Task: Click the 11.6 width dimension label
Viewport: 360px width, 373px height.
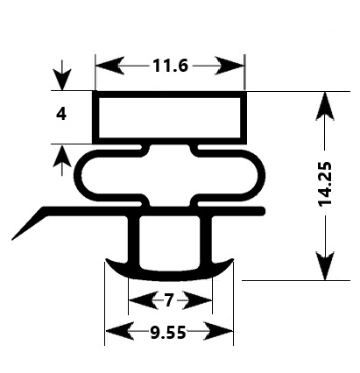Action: pos(170,66)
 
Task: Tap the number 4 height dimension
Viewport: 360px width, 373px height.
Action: pos(61,114)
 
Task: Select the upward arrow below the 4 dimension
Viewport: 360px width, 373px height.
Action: pos(61,158)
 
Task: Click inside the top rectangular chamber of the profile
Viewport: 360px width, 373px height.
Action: pos(169,116)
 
